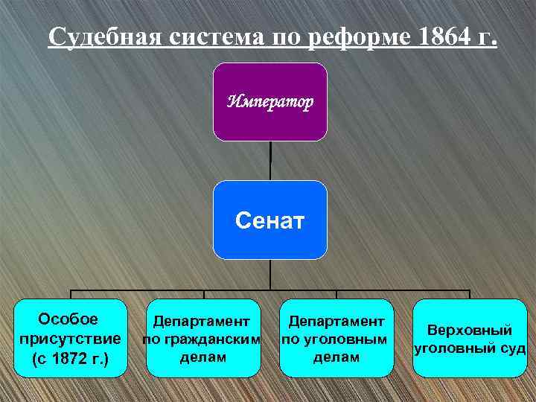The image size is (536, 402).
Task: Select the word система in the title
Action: (211, 36)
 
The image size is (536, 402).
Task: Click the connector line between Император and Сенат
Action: (270, 160)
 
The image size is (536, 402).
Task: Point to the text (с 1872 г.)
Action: (71, 359)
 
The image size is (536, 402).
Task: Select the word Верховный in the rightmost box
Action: (469, 330)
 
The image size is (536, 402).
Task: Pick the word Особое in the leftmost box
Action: (68, 320)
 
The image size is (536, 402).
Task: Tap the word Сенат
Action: (269, 220)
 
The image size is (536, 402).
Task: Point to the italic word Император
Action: (270, 101)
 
